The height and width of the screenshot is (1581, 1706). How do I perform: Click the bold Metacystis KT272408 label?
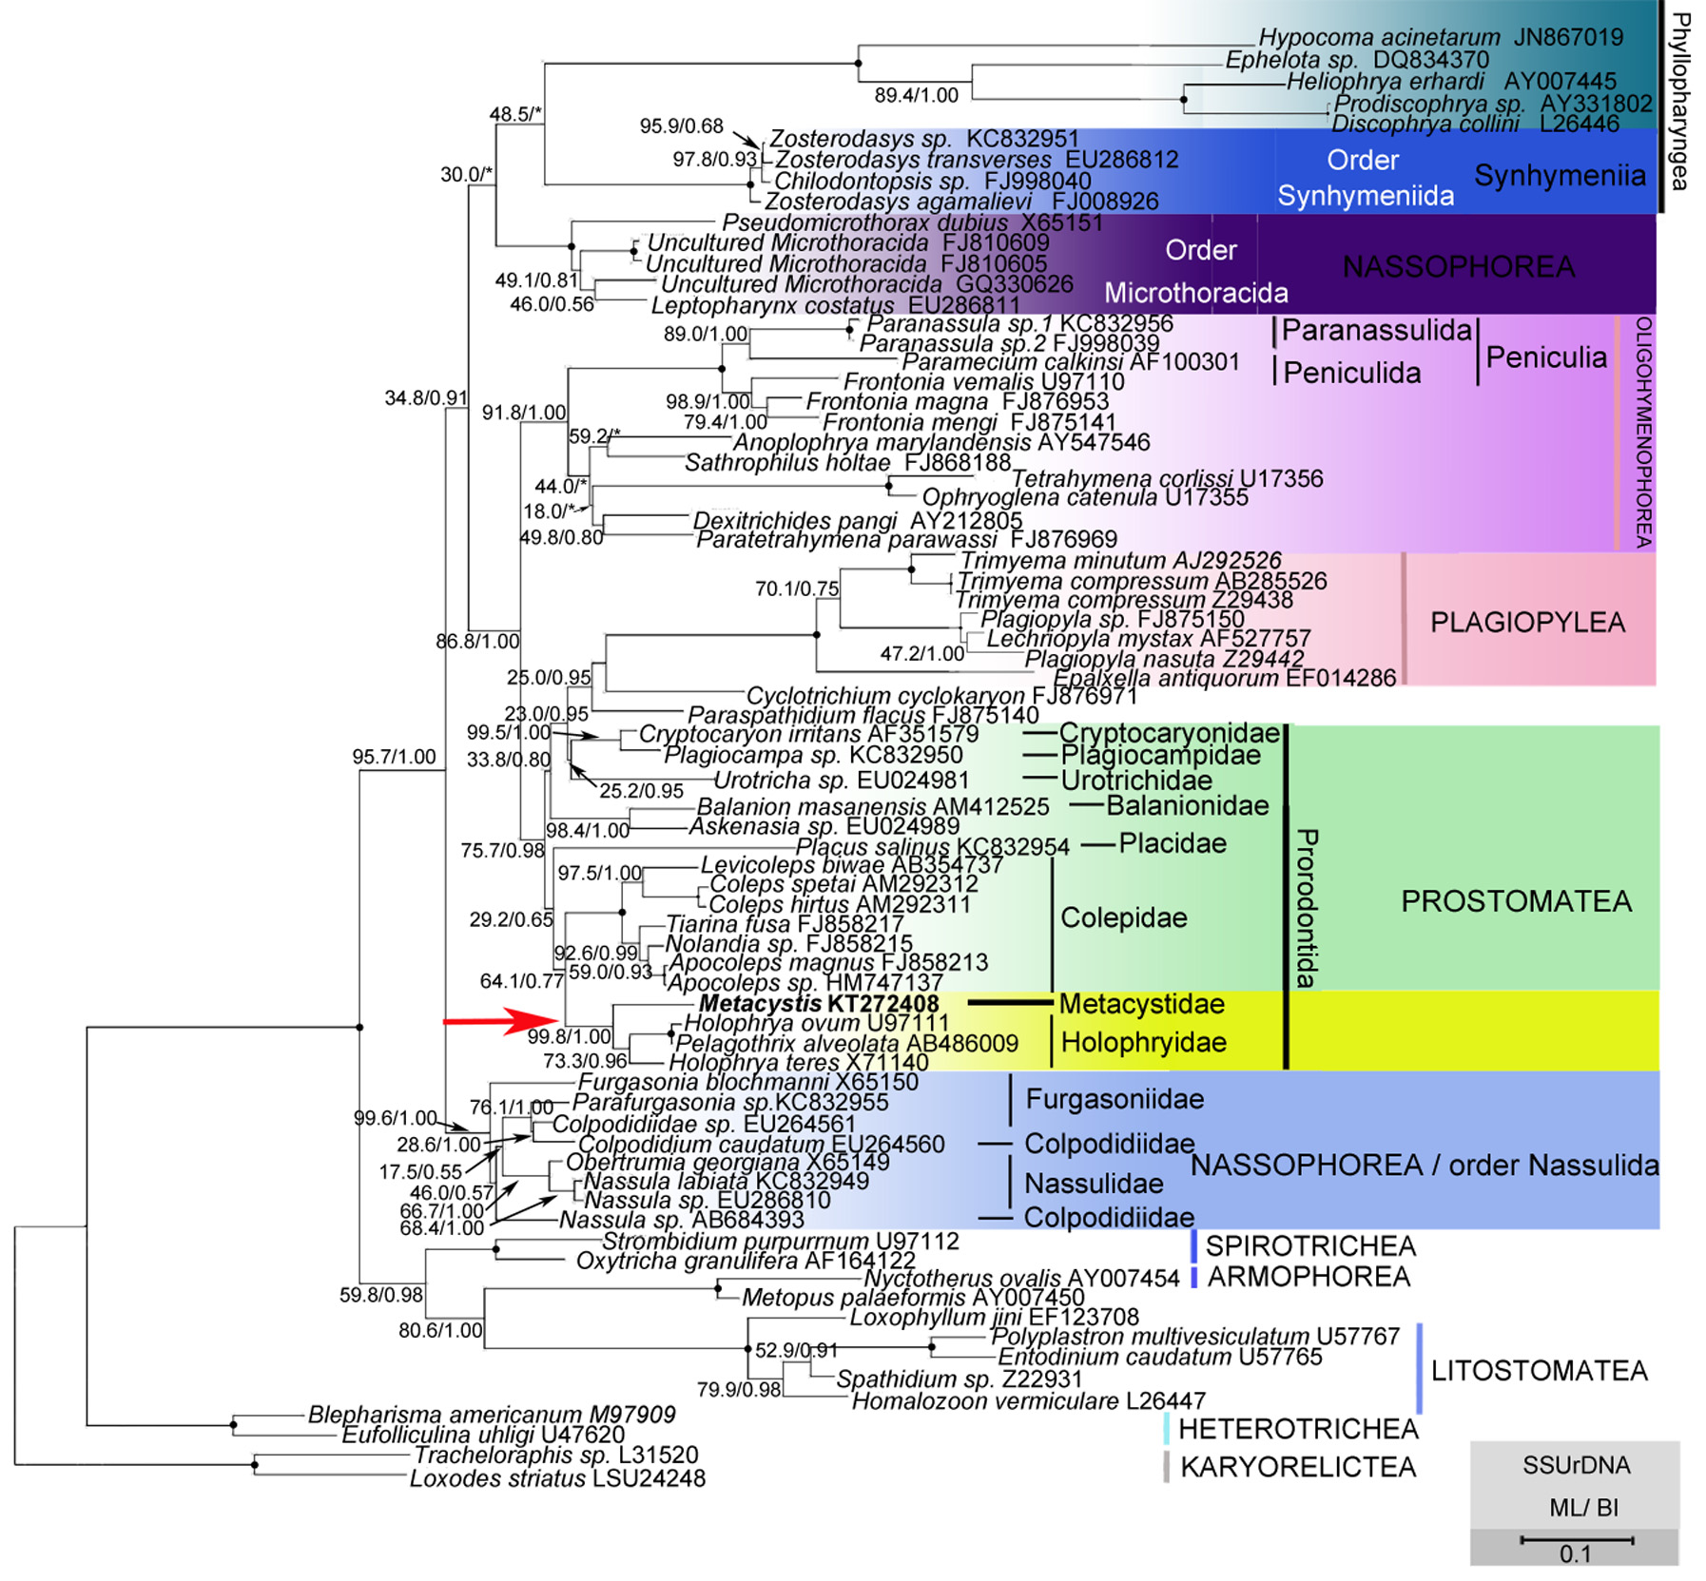(x=819, y=1004)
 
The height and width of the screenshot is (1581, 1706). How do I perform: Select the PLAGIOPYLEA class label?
(x=1527, y=623)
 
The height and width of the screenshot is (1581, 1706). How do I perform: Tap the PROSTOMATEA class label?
(x=1516, y=901)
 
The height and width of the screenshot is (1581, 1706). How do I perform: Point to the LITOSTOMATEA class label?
(x=1539, y=1370)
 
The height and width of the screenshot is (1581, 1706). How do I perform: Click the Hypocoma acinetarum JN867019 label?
(x=1440, y=38)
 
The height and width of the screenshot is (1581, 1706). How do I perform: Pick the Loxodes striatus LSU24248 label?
(x=557, y=1478)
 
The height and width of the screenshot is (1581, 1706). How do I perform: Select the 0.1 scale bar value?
(x=1575, y=1554)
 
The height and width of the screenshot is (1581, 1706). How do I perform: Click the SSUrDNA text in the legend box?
(x=1576, y=1465)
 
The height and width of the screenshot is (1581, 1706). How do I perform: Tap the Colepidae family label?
(x=1123, y=918)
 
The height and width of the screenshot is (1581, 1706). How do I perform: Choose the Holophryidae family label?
(x=1143, y=1043)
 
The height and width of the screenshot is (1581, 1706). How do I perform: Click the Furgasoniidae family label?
(x=1115, y=1100)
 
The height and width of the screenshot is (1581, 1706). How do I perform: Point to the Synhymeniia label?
(x=1560, y=176)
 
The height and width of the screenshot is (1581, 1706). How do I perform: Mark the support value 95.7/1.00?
(x=394, y=757)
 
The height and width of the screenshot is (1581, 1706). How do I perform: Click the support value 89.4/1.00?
(x=916, y=95)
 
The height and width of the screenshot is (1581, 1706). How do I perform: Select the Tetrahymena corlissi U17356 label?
(x=1167, y=478)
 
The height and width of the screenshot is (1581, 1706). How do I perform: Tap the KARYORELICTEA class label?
(x=1297, y=1467)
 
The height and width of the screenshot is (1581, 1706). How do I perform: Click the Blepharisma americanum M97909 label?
(x=492, y=1415)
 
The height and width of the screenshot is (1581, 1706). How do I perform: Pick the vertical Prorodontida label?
(x=1307, y=908)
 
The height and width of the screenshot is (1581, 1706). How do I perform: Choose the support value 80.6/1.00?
(x=440, y=1330)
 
